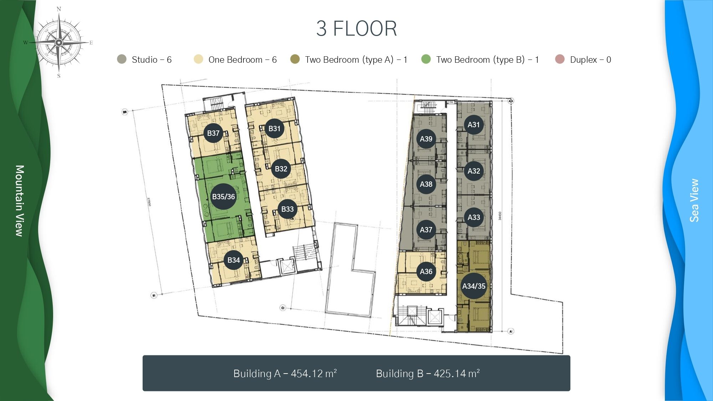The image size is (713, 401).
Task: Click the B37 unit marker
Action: click(213, 133)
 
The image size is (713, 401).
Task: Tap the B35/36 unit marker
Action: click(224, 196)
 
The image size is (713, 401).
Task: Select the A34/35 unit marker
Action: click(474, 286)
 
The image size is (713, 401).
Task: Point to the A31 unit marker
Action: click(474, 124)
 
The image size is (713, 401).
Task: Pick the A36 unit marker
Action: click(426, 272)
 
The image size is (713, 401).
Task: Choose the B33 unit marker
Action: click(287, 209)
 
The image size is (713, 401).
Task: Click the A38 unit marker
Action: click(426, 184)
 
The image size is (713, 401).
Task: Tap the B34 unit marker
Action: click(234, 260)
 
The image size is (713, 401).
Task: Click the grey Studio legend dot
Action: click(122, 59)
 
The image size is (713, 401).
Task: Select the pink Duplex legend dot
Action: click(560, 59)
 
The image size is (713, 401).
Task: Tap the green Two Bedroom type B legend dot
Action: click(426, 59)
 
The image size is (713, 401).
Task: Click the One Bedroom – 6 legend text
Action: click(242, 60)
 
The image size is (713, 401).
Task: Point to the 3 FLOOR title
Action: click(356, 29)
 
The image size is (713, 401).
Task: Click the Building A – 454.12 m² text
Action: click(285, 373)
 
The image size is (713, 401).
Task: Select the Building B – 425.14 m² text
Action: click(428, 373)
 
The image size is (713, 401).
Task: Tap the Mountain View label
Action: click(20, 200)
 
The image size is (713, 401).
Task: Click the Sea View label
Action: click(694, 200)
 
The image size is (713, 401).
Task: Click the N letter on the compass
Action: click(59, 9)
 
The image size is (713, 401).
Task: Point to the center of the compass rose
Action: click(59, 43)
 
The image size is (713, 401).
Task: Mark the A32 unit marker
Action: click(474, 171)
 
